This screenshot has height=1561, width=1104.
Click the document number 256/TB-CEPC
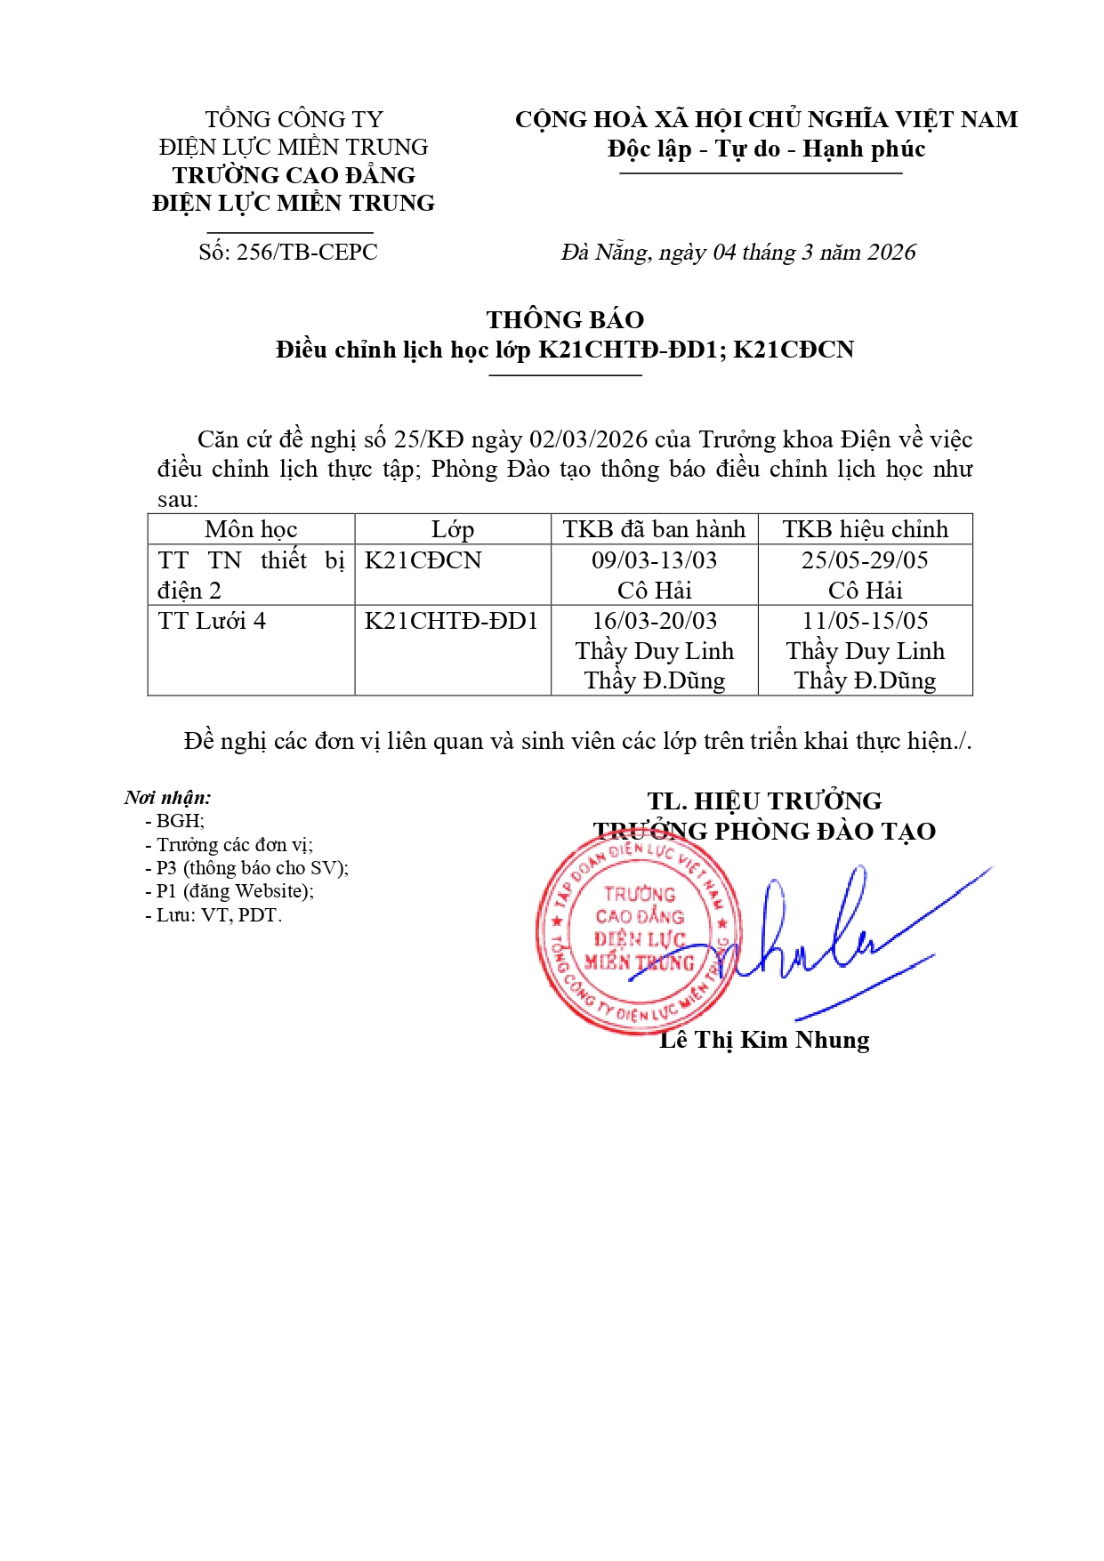[x=288, y=253]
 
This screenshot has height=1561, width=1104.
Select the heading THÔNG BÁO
[x=565, y=320]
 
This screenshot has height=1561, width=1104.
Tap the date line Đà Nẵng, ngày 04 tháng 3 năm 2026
[x=737, y=253]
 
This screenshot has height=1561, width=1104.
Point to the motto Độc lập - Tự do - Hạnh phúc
[x=766, y=149]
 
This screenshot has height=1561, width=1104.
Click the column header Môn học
[x=251, y=529]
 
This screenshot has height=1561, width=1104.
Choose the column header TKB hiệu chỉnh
[x=865, y=529]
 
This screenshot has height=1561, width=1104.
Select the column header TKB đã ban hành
[x=654, y=529]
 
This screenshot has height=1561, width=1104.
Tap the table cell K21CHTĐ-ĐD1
[x=451, y=621]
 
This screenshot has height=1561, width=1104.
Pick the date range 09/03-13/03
[x=654, y=560]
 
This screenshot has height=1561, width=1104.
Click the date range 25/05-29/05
[x=865, y=560]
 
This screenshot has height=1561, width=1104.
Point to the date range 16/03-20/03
[x=654, y=621]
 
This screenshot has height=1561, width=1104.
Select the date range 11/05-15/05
[x=865, y=621]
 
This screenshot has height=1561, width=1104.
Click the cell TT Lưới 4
[x=212, y=621]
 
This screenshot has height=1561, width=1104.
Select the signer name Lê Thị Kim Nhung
[x=764, y=1040]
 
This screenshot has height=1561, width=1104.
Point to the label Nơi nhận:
[x=167, y=798]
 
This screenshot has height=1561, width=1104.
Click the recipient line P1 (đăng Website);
[x=230, y=891]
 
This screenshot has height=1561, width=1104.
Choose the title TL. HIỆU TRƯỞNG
[x=764, y=801]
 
